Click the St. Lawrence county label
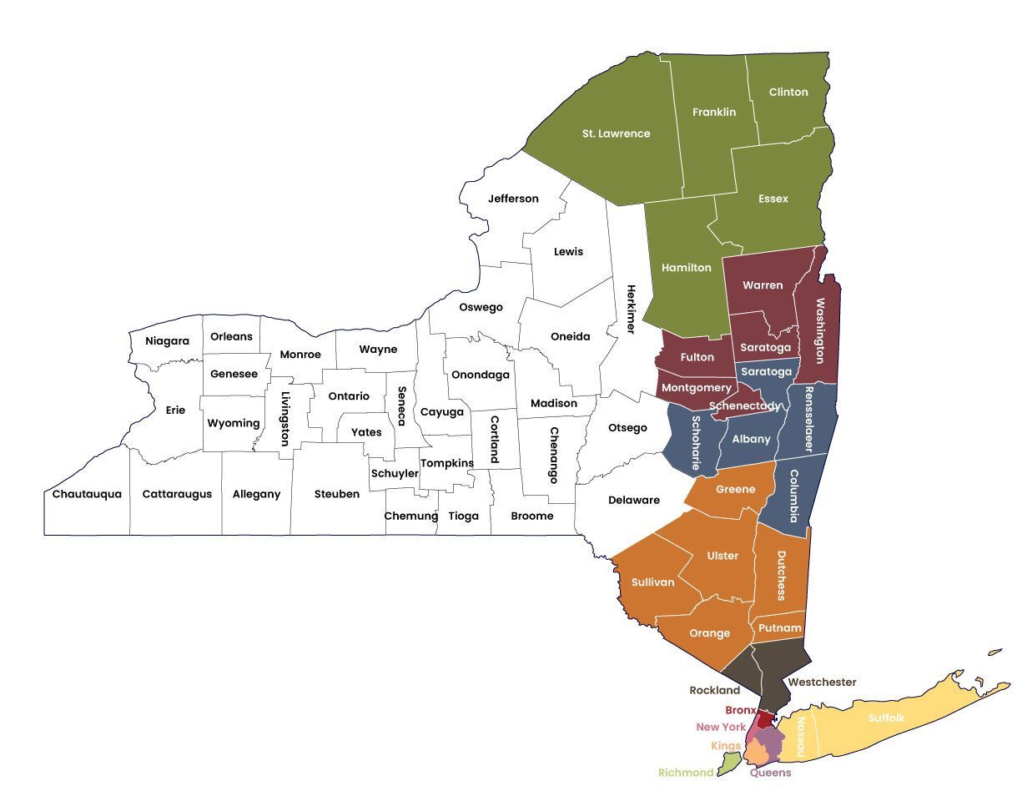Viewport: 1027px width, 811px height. point(616,133)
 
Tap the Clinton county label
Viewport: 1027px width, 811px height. point(788,92)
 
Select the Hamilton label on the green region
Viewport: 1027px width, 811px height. point(686,268)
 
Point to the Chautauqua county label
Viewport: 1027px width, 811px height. point(87,494)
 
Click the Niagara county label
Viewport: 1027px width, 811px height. point(167,341)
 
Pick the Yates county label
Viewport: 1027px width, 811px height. point(366,432)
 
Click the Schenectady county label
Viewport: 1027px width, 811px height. point(745,406)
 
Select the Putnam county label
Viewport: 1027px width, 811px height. point(780,628)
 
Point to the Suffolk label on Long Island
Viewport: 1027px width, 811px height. point(886,718)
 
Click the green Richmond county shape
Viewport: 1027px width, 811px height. point(730,761)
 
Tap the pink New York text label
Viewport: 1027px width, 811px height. point(721,728)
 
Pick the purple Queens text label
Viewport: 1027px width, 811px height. point(770,773)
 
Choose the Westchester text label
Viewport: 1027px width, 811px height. point(822,683)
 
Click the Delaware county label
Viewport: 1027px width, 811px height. point(633,501)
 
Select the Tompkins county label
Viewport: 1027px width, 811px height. point(446,463)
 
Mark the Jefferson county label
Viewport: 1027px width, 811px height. point(513,199)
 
